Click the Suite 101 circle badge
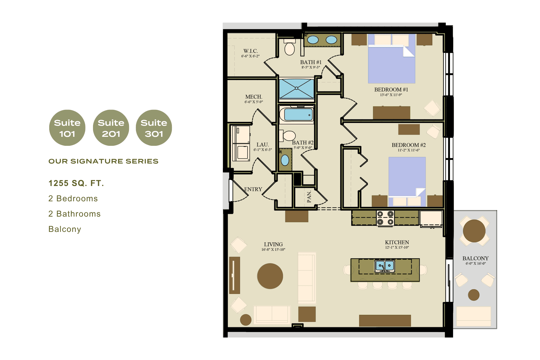pos(67,128)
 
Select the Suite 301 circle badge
pos(154,128)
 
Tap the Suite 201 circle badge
pos(111,128)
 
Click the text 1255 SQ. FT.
pos(76,183)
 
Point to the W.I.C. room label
pos(250,51)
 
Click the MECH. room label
pos(254,97)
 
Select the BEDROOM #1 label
pos(391,90)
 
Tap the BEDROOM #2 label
pos(409,145)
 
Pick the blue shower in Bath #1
pos(296,88)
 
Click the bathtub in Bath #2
pos(297,115)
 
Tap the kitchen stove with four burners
pos(385,218)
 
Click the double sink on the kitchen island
pos(385,266)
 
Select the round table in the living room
pos(270,276)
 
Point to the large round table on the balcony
pos(474,231)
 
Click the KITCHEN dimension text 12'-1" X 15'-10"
pos(397,247)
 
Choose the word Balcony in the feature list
pos(65,229)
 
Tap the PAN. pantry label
pos(309,197)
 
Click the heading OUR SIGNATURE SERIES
pos(103,161)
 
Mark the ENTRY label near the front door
pos(253,189)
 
